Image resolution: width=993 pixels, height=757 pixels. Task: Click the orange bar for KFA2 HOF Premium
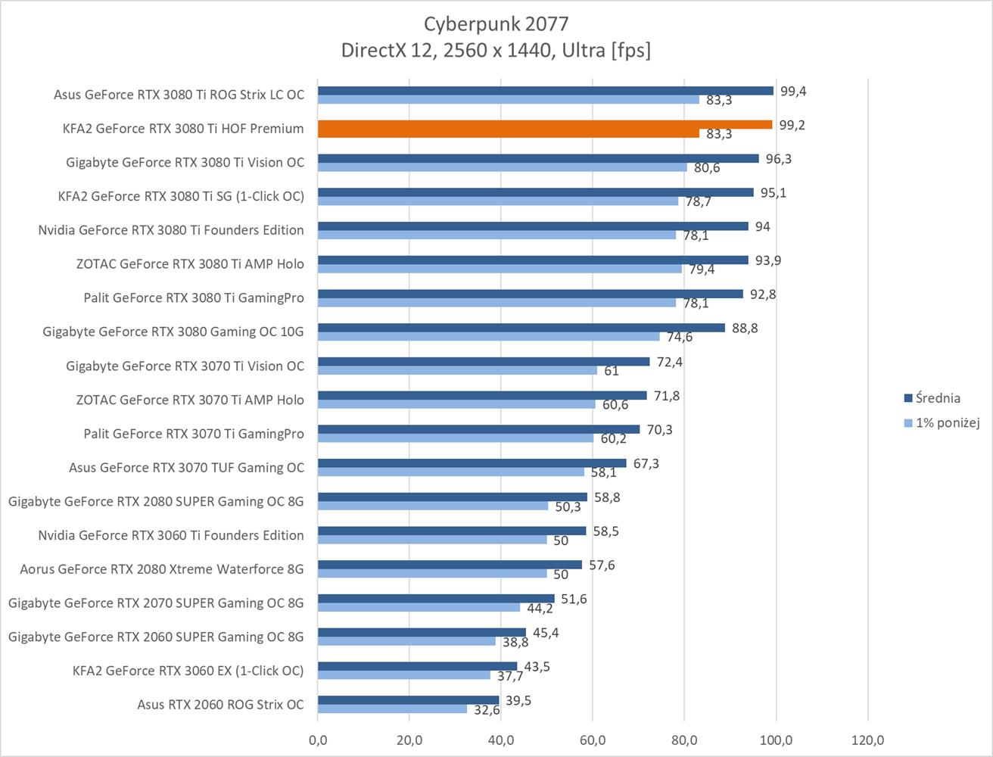point(545,125)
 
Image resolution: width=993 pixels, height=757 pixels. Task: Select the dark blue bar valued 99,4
point(545,91)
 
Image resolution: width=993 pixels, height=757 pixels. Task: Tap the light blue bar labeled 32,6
point(392,709)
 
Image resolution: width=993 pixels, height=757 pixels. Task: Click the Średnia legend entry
point(938,398)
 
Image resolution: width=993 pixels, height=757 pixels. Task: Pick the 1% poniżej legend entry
point(947,423)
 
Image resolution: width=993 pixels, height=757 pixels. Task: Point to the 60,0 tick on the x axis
point(592,739)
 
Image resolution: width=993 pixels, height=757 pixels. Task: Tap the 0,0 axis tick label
point(318,739)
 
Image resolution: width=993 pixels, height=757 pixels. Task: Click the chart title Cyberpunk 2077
point(496,23)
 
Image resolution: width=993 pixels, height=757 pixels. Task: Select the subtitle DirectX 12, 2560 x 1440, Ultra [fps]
point(496,50)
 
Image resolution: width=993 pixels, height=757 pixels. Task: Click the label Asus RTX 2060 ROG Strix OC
point(220,705)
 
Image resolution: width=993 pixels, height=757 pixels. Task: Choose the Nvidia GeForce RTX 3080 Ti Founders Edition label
point(171,230)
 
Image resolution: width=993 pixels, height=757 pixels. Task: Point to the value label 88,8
point(745,329)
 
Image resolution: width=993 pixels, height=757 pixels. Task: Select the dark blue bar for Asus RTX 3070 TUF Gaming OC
point(472,463)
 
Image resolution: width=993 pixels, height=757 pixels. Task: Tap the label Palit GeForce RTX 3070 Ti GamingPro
point(194,434)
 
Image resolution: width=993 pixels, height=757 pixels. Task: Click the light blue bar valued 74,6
point(488,337)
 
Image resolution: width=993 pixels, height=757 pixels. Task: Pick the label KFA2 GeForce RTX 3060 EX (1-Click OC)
point(188,671)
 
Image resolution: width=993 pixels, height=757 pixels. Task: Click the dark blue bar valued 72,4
point(483,362)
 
